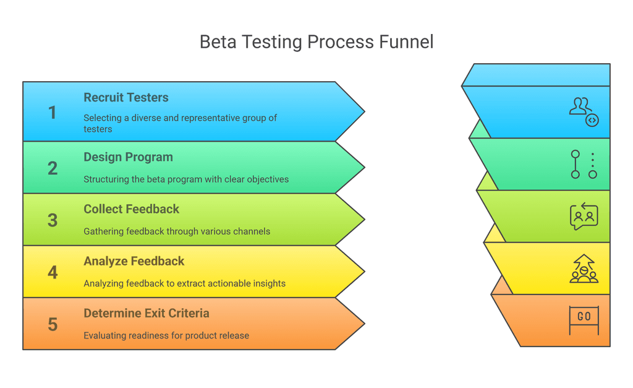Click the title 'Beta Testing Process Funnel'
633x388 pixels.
(316, 42)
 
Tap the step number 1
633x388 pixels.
(53, 113)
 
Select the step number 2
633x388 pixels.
(53, 168)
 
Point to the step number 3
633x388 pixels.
(53, 220)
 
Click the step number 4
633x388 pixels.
(53, 272)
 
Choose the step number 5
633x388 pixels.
(53, 324)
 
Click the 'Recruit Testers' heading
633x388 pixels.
(126, 98)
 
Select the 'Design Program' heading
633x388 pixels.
(128, 157)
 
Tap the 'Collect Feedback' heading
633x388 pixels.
(131, 209)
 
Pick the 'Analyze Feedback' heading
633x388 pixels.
(134, 261)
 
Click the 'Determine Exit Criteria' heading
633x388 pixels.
(146, 313)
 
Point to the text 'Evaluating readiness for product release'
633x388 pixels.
(166, 335)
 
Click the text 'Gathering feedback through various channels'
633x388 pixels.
(177, 231)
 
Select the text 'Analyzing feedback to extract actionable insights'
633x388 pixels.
(184, 283)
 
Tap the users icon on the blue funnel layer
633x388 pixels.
(584, 112)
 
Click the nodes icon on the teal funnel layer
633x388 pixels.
(584, 164)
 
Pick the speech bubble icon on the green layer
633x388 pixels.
(584, 216)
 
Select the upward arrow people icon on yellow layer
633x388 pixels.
(584, 269)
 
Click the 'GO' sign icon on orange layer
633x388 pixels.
(584, 319)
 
